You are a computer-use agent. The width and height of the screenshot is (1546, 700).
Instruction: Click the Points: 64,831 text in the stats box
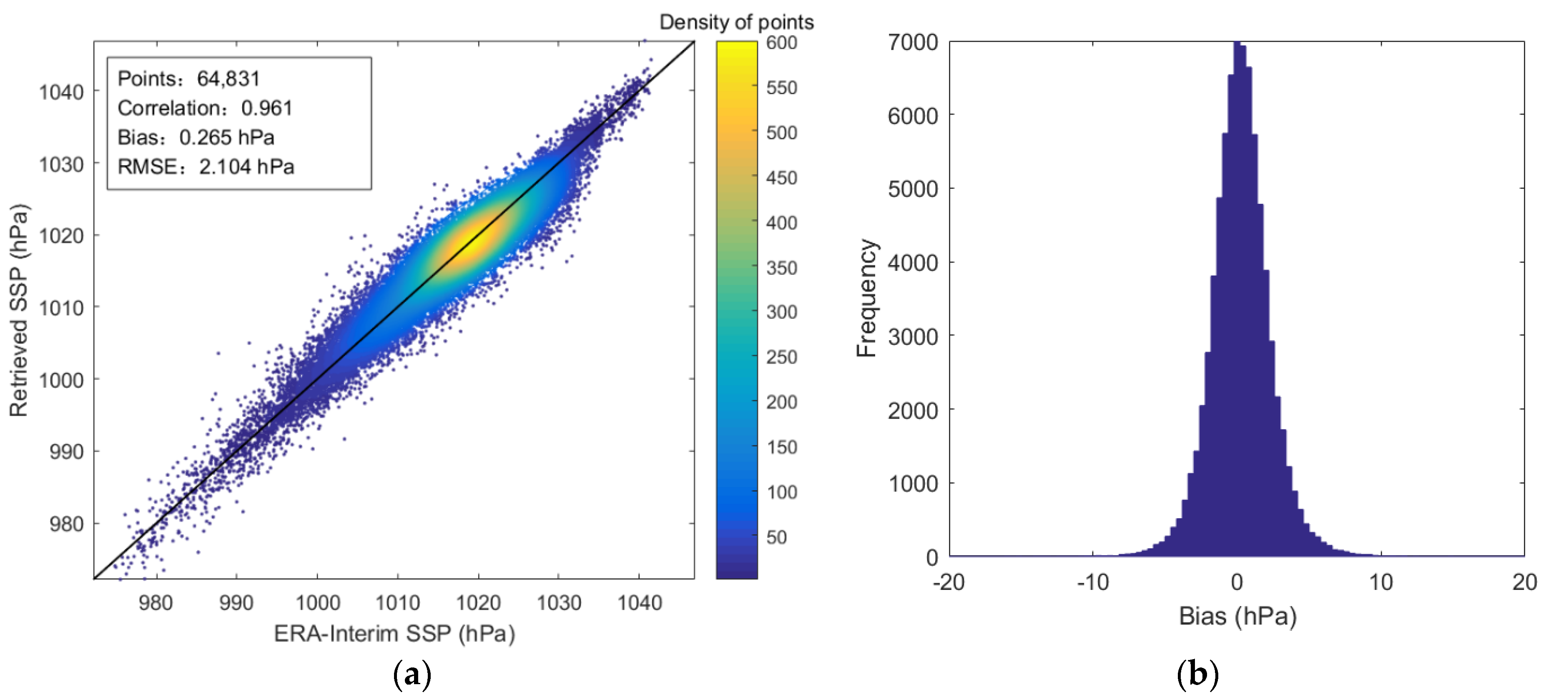tap(188, 79)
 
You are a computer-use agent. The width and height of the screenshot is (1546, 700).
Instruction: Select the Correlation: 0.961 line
tap(205, 108)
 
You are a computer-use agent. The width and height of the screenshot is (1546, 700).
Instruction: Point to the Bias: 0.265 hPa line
tap(196, 138)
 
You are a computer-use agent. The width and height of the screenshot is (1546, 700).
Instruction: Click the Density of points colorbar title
tap(736, 22)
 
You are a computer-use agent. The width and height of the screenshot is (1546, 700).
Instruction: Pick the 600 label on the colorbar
tap(781, 43)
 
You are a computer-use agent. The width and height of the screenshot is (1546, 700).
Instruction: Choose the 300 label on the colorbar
tap(781, 312)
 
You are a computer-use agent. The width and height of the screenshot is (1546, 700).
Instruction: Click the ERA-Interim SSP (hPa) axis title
tap(394, 633)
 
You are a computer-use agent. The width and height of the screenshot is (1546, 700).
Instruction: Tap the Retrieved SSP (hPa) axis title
tap(19, 310)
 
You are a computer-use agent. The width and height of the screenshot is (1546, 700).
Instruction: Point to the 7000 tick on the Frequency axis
tap(912, 43)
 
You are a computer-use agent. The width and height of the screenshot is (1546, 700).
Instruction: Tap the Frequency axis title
tap(867, 299)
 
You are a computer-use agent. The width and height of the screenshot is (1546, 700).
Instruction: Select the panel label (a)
tap(412, 675)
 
